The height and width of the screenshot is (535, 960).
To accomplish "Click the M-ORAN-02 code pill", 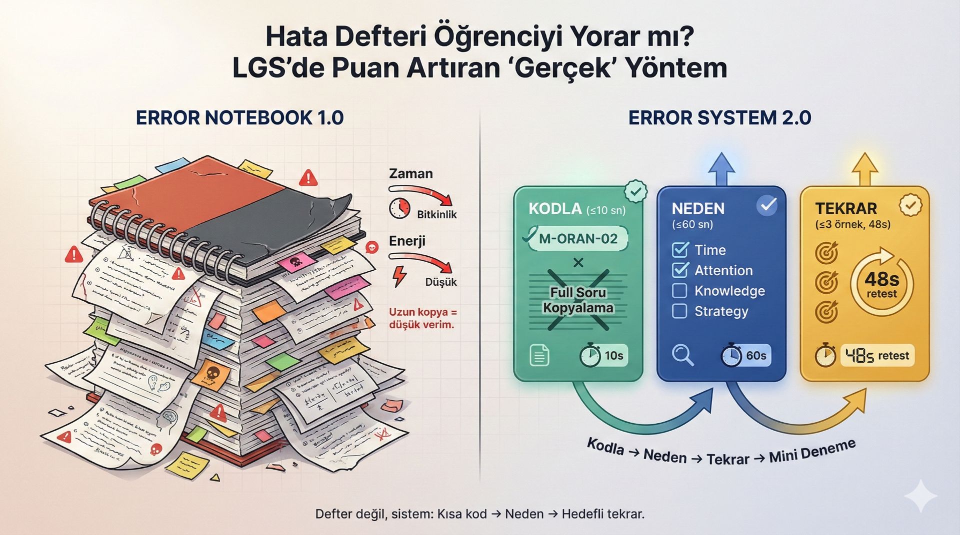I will point(577,238).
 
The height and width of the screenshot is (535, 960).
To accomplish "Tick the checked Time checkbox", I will point(680,250).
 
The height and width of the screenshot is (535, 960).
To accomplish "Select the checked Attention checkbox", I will point(680,270).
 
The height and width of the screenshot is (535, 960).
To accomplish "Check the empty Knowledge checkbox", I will point(679,291).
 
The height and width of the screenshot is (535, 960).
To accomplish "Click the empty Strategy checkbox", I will point(679,311).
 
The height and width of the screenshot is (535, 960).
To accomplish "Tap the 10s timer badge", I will point(603,356).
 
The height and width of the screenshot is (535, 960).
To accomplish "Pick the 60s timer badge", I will point(745,356).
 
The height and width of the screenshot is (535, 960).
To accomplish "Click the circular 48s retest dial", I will point(881,284).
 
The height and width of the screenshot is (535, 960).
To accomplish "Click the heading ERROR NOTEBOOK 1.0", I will point(239,118).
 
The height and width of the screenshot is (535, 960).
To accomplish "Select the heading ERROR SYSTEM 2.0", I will point(719,118).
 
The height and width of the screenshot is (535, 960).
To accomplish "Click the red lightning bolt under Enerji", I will point(399,276).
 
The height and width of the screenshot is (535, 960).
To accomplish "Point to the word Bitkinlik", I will point(437,215).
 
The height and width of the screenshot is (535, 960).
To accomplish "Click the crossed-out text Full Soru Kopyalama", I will point(578,300).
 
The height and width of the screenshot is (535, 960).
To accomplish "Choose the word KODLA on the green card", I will point(555,209).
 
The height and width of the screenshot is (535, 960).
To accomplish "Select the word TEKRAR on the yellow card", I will point(846,208).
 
